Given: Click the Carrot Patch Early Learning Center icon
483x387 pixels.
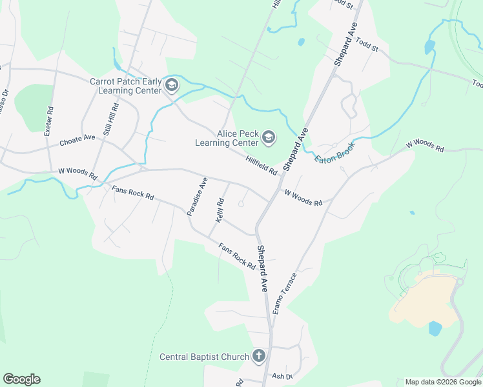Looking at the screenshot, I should tap(172, 86).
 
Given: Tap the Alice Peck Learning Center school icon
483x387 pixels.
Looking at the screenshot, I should tap(269, 137).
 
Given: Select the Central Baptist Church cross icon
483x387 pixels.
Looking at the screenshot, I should tap(258, 356).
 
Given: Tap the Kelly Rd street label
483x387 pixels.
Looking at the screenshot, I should tap(220, 212).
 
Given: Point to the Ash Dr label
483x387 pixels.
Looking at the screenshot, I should tap(282, 376).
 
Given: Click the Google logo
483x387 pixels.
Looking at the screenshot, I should tap(21, 379).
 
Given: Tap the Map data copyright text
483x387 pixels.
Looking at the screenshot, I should tap(442, 382).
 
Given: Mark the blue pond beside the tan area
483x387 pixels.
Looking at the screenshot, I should tap(435, 328).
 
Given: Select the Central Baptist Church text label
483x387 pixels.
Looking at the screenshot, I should tap(204, 357).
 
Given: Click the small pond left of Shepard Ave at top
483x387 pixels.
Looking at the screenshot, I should tap(301, 43).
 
